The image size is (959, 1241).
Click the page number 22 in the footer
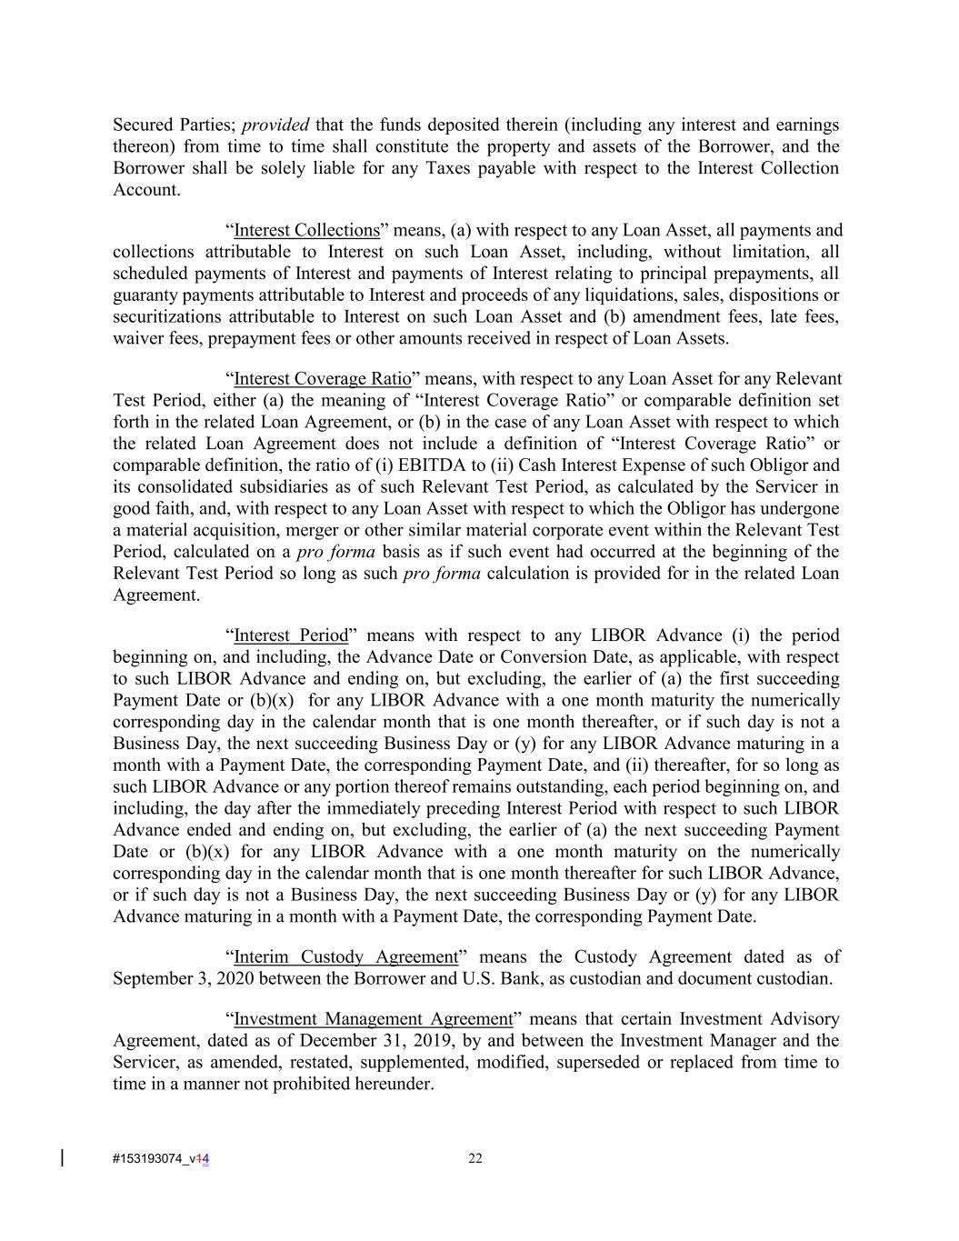475,1158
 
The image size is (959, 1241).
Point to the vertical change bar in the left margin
62,1157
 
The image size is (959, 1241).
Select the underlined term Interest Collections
306,231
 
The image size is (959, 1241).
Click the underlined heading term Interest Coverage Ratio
322,379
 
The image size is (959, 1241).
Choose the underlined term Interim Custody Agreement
345,957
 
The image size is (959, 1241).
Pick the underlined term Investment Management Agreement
373,1019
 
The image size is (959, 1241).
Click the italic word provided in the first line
275,125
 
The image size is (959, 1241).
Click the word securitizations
166,317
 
